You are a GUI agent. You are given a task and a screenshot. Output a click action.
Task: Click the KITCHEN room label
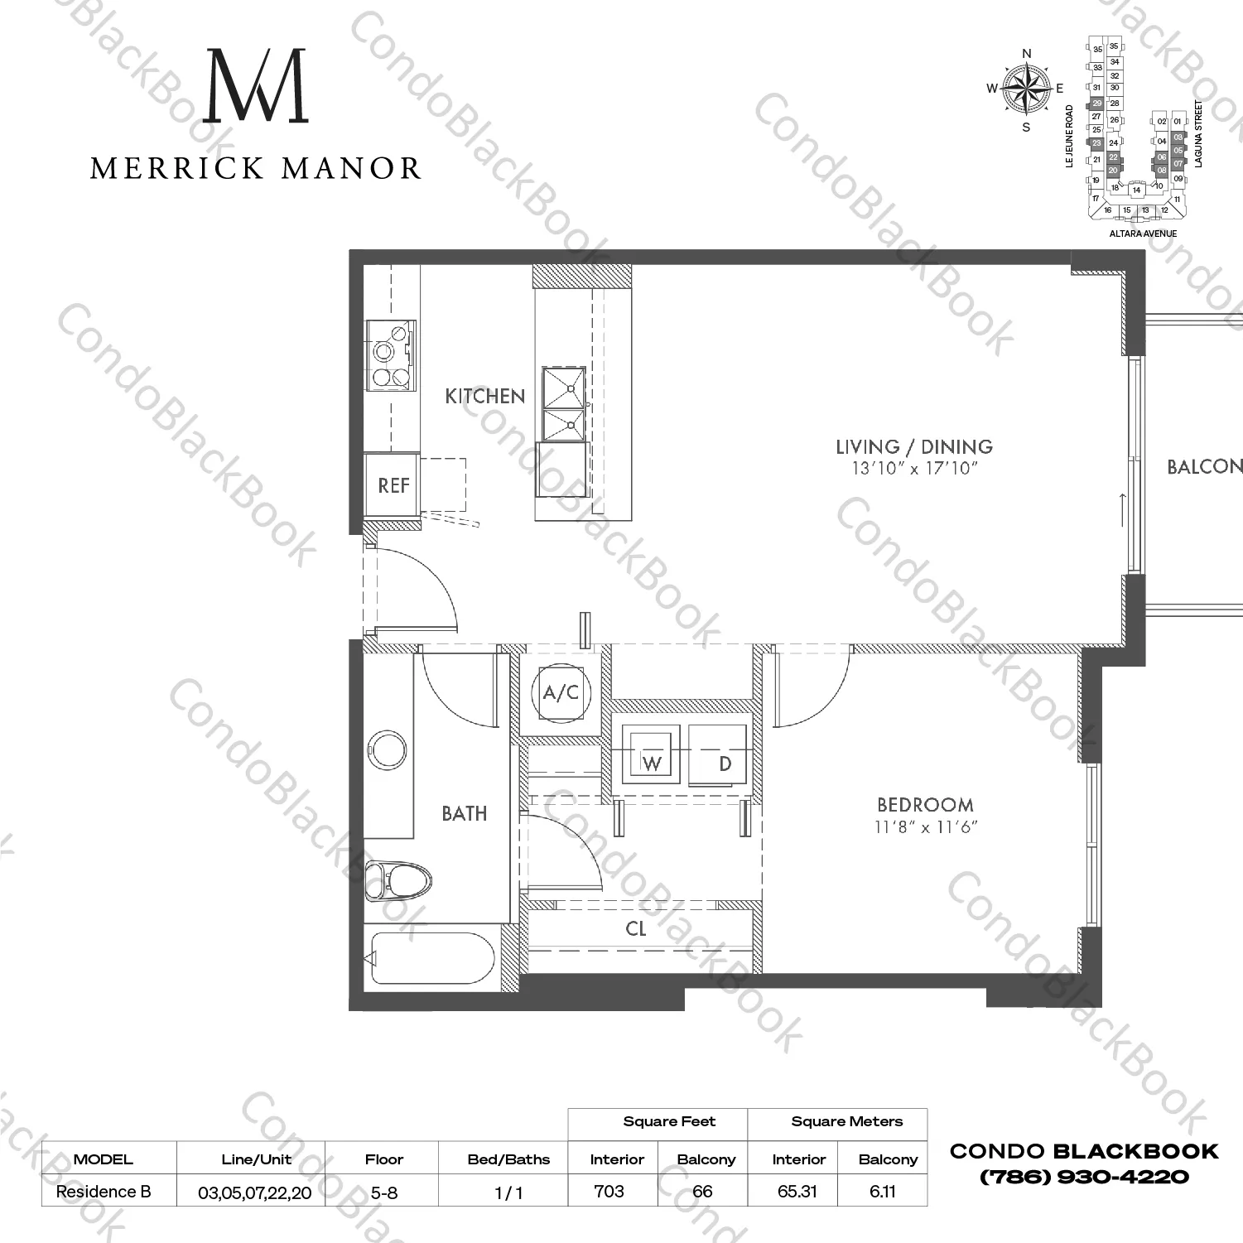[484, 396]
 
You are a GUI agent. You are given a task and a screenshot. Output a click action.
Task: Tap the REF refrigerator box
[393, 485]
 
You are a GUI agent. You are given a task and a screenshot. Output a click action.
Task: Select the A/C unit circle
[561, 691]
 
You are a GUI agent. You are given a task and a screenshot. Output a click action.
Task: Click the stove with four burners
[391, 356]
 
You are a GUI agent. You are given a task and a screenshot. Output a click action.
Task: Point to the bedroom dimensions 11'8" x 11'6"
[926, 826]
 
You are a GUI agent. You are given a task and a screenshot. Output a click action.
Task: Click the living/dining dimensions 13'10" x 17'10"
[915, 469]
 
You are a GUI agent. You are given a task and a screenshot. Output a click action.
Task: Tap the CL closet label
[636, 929]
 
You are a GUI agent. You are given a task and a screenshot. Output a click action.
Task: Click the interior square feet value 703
[609, 1191]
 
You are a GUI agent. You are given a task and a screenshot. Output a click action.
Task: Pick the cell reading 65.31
[797, 1191]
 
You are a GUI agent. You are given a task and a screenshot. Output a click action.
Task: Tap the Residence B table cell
[104, 1192]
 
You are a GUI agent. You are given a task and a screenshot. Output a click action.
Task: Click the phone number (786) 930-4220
[1084, 1177]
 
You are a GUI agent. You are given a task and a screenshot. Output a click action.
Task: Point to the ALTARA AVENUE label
[1143, 234]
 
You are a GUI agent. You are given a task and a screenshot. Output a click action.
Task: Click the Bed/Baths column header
[508, 1159]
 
